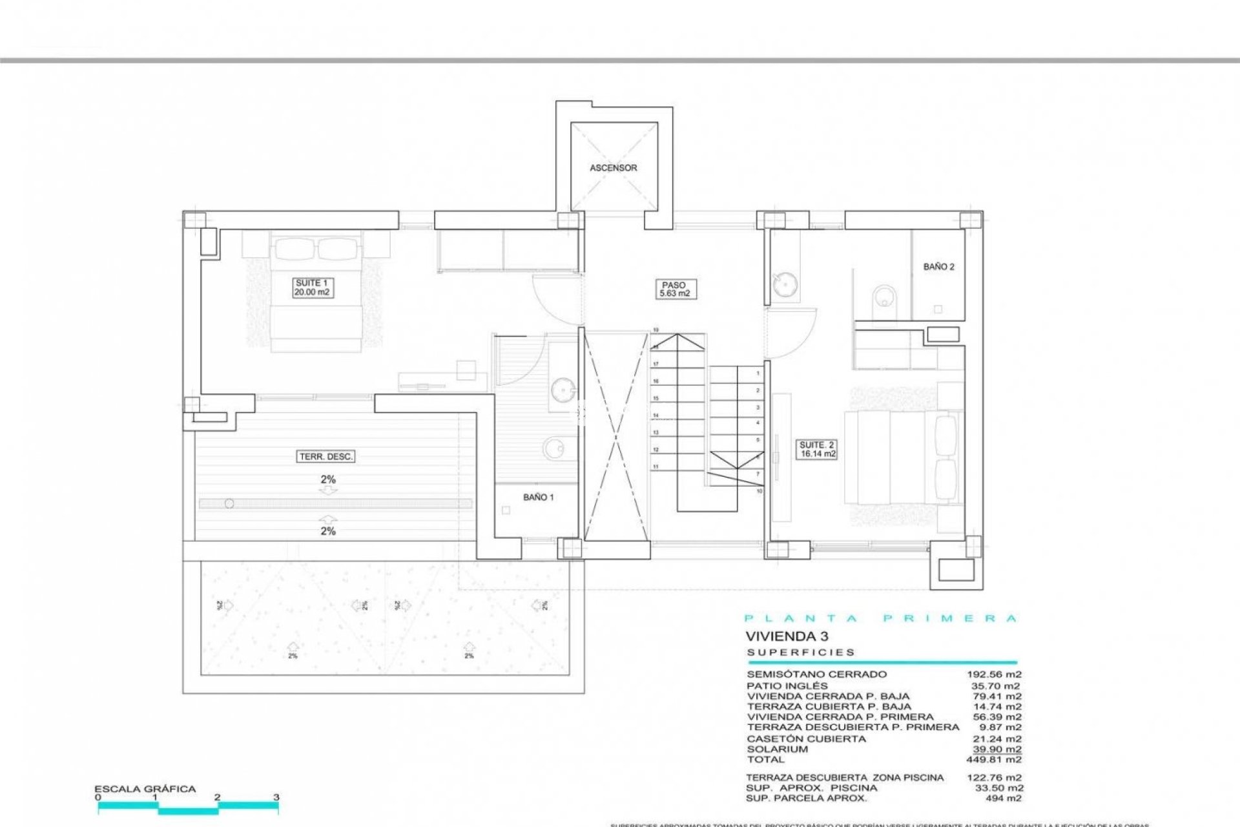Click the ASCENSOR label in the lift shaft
(x=613, y=168)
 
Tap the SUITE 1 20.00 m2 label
(x=312, y=288)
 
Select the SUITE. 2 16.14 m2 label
(x=817, y=450)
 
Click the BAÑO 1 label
(x=538, y=497)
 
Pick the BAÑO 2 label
(x=938, y=267)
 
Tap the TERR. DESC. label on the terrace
(x=326, y=457)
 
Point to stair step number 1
(x=758, y=373)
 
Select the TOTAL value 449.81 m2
(x=994, y=760)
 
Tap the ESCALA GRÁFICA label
(x=145, y=789)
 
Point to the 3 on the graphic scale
(x=276, y=797)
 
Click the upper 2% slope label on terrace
(x=328, y=479)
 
